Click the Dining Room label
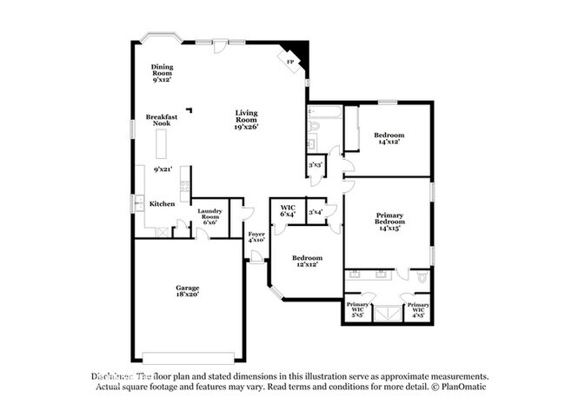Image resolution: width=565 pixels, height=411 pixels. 162,71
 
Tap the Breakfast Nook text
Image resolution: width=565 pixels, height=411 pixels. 163,120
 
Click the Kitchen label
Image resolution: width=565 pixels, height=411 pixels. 162,203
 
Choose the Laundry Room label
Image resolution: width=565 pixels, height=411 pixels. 209,216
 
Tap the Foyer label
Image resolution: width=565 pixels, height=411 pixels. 256,237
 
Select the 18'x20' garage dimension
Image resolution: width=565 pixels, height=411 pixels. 188,295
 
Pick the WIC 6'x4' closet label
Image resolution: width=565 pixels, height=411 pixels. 287,209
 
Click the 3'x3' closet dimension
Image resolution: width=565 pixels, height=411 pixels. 316,165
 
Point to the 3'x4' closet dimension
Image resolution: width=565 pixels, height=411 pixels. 316,211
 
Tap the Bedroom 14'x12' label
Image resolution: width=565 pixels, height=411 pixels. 389,139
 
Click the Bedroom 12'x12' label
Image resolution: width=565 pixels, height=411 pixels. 307,261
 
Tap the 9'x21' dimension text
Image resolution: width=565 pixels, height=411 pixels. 163,169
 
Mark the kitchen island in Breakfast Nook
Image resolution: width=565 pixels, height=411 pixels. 162,142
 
